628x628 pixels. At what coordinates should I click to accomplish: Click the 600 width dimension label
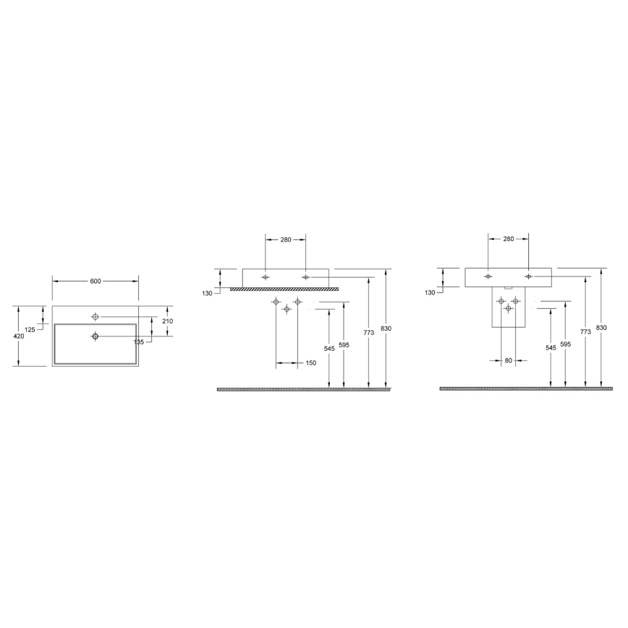click(x=95, y=281)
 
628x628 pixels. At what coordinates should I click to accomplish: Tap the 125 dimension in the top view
click(x=30, y=330)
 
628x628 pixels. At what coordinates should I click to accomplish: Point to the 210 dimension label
click(x=167, y=321)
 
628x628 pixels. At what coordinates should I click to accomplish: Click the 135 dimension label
click(x=137, y=341)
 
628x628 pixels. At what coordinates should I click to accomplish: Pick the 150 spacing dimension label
click(x=310, y=363)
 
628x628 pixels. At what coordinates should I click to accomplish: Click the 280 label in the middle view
click(x=285, y=239)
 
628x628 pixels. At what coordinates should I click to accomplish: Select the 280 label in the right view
click(x=508, y=239)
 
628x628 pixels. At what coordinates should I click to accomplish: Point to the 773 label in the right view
click(x=585, y=331)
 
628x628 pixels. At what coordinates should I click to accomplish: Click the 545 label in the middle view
click(x=329, y=348)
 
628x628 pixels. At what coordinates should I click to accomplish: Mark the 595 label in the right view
click(x=565, y=345)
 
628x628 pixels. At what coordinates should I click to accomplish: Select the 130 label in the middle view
click(x=208, y=293)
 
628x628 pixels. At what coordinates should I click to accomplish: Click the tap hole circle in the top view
click(x=95, y=316)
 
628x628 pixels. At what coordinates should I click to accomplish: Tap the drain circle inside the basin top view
click(x=95, y=336)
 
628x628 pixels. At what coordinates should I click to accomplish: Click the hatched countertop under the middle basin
click(x=284, y=289)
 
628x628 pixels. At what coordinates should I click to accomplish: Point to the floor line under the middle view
click(x=304, y=389)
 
